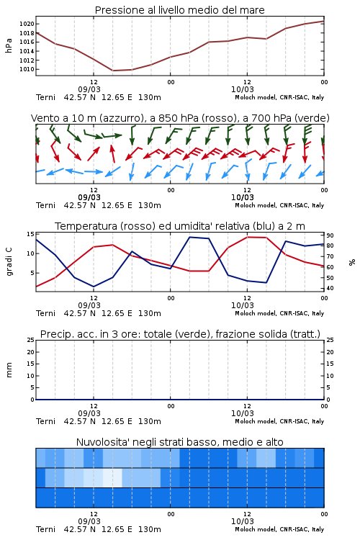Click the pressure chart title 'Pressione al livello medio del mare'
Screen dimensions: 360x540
[179, 10]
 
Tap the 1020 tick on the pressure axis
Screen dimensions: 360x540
[27, 24]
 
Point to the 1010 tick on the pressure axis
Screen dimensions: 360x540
[27, 69]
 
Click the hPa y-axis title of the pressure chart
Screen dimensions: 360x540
[9, 46]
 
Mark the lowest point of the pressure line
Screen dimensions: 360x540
[113, 71]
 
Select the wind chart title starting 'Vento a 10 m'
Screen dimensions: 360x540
[180, 118]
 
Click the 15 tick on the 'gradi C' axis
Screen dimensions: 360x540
[30, 234]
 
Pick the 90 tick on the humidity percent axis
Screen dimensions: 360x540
[330, 235]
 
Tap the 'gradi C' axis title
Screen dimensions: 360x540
[9, 262]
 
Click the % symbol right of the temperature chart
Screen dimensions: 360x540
[352, 262]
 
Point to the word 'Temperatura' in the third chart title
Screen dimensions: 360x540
[86, 226]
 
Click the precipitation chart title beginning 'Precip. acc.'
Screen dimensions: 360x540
[180, 334]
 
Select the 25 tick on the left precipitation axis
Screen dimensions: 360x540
[30, 341]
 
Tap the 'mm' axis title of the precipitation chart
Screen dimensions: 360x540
[9, 370]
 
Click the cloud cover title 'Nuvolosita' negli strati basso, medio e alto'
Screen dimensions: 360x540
[179, 442]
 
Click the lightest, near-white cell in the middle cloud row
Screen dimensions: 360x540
[112, 477]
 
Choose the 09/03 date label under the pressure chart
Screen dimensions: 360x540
[89, 89]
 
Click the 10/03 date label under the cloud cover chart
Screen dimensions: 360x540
[243, 521]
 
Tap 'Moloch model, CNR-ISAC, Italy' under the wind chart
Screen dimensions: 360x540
[279, 206]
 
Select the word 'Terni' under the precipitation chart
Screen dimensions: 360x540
[46, 421]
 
